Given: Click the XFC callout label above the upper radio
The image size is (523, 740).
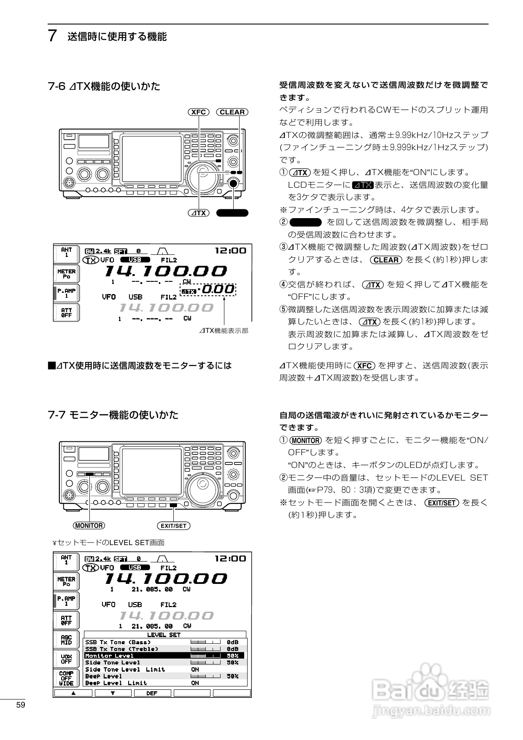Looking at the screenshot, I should coord(198,112).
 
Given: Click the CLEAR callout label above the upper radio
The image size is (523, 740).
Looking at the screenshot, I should coord(232,112).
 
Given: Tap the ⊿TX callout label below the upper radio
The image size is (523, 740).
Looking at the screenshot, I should coord(198,213).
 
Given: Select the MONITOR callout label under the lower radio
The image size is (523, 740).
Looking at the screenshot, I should coord(89,525).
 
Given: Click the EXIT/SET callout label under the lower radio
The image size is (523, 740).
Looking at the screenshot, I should coord(173,526).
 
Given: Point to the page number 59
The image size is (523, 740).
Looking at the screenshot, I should coord(21,705).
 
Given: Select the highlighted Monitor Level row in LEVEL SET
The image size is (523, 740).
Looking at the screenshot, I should coord(164,656).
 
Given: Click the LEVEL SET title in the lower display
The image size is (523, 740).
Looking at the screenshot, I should coord(164,635).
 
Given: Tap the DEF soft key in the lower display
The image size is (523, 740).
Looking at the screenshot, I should coord(152,693).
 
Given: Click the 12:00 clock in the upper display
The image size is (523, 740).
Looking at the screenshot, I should coord(230,251).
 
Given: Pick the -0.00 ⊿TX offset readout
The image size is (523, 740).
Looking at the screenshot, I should coord(216,289).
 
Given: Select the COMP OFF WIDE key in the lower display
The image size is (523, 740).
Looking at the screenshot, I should coord(66,678).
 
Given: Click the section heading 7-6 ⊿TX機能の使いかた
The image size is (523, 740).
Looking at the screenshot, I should coord(104,86).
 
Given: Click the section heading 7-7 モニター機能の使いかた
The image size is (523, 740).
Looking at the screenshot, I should coord(113,415).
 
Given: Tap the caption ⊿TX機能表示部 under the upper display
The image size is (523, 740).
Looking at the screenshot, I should coord(224,331).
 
